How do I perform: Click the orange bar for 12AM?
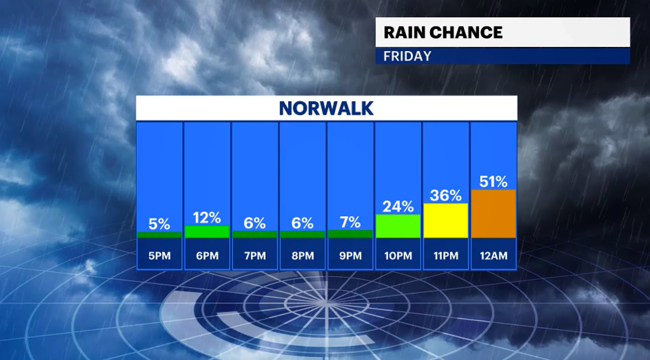(493, 214)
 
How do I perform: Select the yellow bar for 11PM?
(446, 221)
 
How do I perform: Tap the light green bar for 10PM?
(398, 226)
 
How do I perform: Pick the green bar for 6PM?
(207, 232)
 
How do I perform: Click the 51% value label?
(493, 182)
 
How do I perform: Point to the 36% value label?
(446, 196)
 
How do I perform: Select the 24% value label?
(398, 207)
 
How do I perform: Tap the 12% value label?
(207, 218)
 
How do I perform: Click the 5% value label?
(159, 224)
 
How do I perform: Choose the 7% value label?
(350, 223)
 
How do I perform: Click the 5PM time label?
(159, 256)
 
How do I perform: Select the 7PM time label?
(255, 256)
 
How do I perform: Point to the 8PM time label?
(303, 256)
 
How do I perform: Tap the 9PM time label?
(350, 256)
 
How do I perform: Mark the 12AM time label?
(493, 256)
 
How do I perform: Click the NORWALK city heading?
(326, 108)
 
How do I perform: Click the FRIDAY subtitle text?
(407, 56)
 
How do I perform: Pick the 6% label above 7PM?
(255, 223)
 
